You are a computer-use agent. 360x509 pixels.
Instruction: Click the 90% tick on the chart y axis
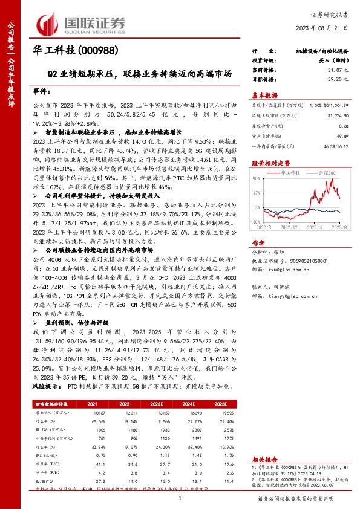pyautogui.click(x=257, y=178)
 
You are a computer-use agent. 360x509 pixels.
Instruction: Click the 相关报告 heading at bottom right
pyautogui.click(x=264, y=460)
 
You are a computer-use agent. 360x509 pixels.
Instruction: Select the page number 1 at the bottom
pyautogui.click(x=180, y=498)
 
